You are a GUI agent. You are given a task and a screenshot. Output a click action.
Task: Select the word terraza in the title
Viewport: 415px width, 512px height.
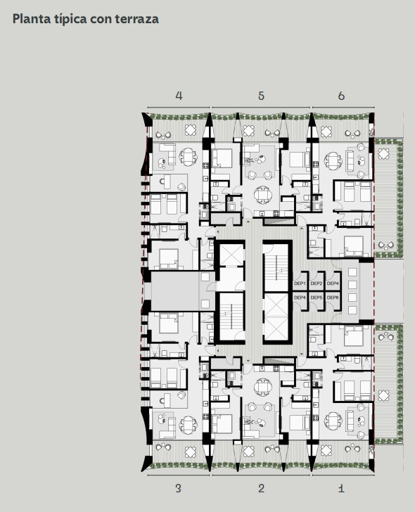pyautogui.click(x=137, y=19)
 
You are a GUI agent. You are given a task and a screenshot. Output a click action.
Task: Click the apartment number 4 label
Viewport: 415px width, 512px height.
pyautogui.click(x=179, y=96)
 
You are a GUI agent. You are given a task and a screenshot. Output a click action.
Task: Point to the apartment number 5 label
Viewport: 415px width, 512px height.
pyautogui.click(x=261, y=96)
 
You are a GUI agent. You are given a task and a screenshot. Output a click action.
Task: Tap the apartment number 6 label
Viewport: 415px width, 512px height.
pyautogui.click(x=341, y=96)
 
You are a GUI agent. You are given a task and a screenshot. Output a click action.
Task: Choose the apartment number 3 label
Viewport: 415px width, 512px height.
pyautogui.click(x=178, y=489)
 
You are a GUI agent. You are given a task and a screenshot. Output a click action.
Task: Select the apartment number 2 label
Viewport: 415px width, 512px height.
pyautogui.click(x=261, y=489)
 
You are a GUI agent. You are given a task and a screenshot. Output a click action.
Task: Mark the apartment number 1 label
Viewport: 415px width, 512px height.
pyautogui.click(x=341, y=489)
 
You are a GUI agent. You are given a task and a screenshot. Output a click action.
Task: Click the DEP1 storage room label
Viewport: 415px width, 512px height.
pyautogui.click(x=300, y=283)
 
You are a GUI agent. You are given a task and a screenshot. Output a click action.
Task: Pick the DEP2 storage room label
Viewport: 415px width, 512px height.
pyautogui.click(x=316, y=283)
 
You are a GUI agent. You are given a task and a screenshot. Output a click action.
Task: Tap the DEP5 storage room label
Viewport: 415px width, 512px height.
pyautogui.click(x=316, y=297)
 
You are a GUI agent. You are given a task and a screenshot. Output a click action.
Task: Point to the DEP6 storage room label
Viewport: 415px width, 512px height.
pyautogui.click(x=333, y=297)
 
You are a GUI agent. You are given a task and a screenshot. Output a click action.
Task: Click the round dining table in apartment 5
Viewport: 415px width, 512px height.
pyautogui.click(x=263, y=195)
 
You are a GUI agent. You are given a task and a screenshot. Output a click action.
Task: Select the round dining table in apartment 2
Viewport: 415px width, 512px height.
pyautogui.click(x=263, y=387)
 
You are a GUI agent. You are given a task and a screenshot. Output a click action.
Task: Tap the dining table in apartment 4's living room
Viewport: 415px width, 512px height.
pyautogui.click(x=188, y=157)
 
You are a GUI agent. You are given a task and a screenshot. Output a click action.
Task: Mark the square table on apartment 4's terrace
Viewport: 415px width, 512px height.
pyautogui.click(x=191, y=130)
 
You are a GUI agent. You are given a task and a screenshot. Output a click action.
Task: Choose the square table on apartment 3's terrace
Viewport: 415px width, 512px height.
pyautogui.click(x=191, y=452)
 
